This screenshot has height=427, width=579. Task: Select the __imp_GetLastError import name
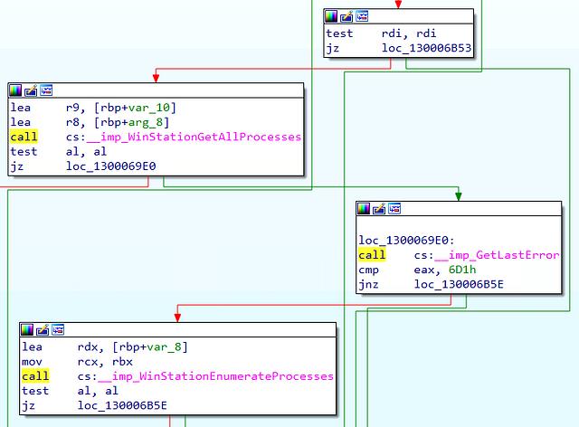coord(497,255)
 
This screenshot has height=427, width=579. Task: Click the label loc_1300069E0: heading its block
coord(406,240)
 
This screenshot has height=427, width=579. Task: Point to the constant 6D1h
coord(462,270)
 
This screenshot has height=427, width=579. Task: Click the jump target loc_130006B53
coord(426,48)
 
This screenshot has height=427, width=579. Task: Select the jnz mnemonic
coord(368,284)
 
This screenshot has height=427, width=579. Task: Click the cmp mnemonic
coord(368,270)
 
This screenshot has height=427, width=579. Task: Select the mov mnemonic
coord(32,362)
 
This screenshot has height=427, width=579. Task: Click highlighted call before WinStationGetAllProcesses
coord(24,137)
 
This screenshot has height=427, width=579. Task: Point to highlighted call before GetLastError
coord(372,255)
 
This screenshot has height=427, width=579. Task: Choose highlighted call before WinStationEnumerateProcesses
coord(35,376)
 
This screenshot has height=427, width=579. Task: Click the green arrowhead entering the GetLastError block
coord(459,196)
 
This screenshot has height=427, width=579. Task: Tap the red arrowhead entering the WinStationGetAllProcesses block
coord(156,78)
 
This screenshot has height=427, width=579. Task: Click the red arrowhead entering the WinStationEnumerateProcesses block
coord(177,318)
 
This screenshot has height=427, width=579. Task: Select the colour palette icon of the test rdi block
coord(331,16)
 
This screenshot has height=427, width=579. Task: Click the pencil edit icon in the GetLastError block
coord(379,209)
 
